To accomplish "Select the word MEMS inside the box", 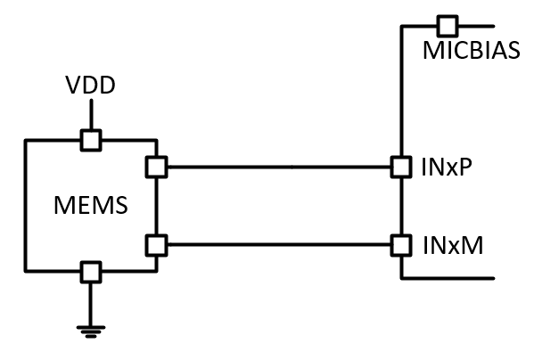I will tap(89, 207).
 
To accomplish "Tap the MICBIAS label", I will tap(470, 49).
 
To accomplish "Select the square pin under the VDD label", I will tap(90, 140).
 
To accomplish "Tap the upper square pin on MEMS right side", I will tap(156, 167).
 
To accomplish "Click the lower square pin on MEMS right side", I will tap(156, 243).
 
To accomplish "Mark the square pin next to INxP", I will tap(400, 167).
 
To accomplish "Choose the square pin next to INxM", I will tap(400, 243).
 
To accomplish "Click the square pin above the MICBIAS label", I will tap(447, 24).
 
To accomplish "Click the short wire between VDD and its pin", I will tap(90, 115).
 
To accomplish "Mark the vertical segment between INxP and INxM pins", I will tap(400, 205).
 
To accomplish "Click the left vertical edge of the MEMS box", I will tap(26, 205).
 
